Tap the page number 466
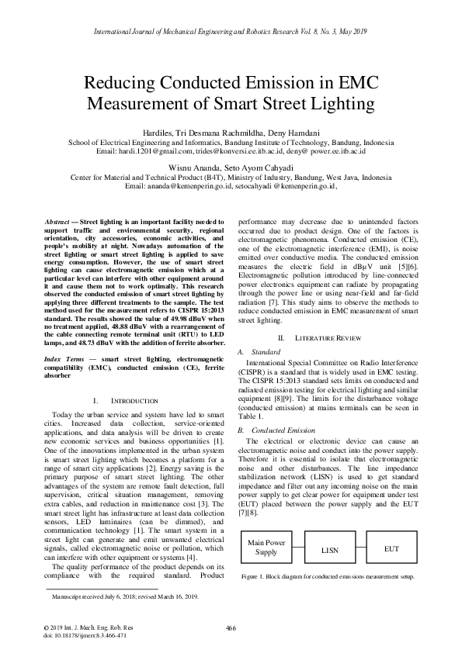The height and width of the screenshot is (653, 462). tap(231, 628)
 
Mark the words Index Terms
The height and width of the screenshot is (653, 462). tap(64, 360)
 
